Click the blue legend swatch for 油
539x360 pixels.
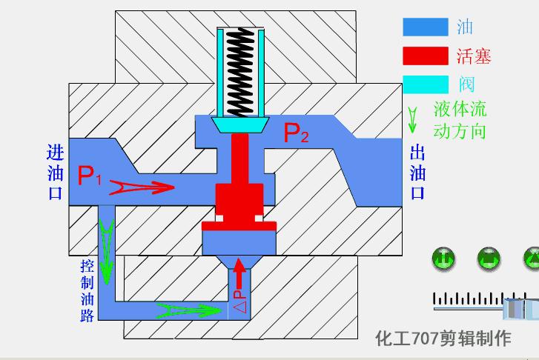pyautogui.click(x=426, y=27)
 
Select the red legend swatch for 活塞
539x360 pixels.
pyautogui.click(x=426, y=56)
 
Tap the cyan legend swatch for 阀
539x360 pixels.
pyautogui.click(x=426, y=83)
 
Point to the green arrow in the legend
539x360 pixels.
pyautogui.click(x=413, y=119)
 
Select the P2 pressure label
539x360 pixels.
pyautogui.click(x=295, y=133)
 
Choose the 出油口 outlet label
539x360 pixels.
pyautogui.click(x=417, y=173)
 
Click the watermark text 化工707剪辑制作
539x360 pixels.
pyautogui.click(x=443, y=339)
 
